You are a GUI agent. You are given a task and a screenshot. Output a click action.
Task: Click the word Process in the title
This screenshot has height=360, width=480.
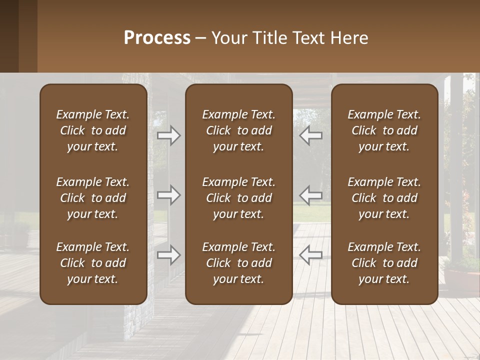(157, 38)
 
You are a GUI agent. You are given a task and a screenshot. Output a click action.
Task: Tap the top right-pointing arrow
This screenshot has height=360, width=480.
(169, 135)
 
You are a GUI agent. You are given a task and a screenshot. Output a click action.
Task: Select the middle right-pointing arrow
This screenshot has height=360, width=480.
(169, 195)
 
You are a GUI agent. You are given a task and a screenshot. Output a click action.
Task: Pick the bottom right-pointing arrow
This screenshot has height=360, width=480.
(169, 255)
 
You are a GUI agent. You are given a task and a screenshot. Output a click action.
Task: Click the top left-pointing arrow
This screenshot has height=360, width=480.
(311, 135)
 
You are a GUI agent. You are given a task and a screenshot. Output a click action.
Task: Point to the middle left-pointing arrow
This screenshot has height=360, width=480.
(311, 195)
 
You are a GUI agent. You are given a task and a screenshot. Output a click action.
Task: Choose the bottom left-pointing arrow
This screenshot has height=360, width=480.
(311, 255)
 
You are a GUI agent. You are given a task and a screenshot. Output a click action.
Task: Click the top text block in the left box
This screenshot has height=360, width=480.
(93, 130)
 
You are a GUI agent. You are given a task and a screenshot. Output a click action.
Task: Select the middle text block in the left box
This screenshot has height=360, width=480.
(93, 198)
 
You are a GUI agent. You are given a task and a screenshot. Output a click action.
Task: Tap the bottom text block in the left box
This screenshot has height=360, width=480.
(93, 263)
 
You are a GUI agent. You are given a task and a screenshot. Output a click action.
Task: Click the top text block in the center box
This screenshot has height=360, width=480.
(238, 130)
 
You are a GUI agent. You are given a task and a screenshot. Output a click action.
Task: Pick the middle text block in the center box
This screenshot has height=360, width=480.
(238, 198)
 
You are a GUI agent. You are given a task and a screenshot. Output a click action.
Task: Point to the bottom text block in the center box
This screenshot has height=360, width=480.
(238, 263)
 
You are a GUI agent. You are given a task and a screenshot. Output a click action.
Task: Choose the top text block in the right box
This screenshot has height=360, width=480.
(384, 130)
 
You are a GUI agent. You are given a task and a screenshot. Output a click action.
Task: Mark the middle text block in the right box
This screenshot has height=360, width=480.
(384, 198)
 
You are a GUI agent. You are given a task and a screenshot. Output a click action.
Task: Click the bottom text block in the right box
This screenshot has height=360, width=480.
(384, 263)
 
